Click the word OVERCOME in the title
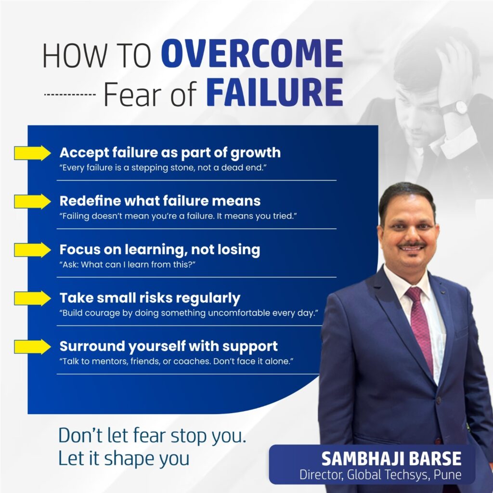(252, 53)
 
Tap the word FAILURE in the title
(274, 92)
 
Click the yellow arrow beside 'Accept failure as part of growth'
(32, 153)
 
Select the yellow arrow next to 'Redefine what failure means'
(32, 202)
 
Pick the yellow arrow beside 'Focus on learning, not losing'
(32, 250)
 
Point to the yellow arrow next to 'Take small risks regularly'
(32, 298)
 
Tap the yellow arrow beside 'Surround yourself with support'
(32, 347)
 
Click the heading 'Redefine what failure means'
(160, 201)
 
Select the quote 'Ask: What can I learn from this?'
(127, 264)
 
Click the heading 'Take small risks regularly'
(150, 298)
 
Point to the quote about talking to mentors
(176, 361)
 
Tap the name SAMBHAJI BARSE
(391, 459)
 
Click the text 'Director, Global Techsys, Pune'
(380, 475)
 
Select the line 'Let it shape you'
(124, 459)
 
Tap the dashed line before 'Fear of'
(70, 94)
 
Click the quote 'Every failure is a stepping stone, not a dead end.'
(163, 168)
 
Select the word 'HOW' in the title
(75, 56)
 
